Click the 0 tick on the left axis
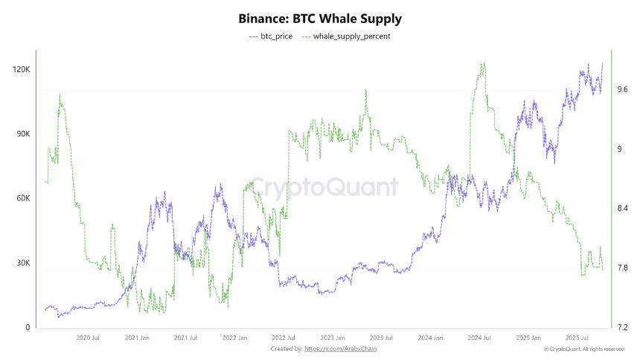coord(28,328)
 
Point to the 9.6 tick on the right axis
coord(624,90)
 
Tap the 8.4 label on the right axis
coord(624,209)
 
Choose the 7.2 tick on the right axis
coord(624,328)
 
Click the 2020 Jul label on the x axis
coord(88,338)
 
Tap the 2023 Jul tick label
coord(381,338)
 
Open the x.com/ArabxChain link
coord(342,349)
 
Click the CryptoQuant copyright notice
coord(584,349)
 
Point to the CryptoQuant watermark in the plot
coord(323,187)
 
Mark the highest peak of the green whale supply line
coord(483,63)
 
